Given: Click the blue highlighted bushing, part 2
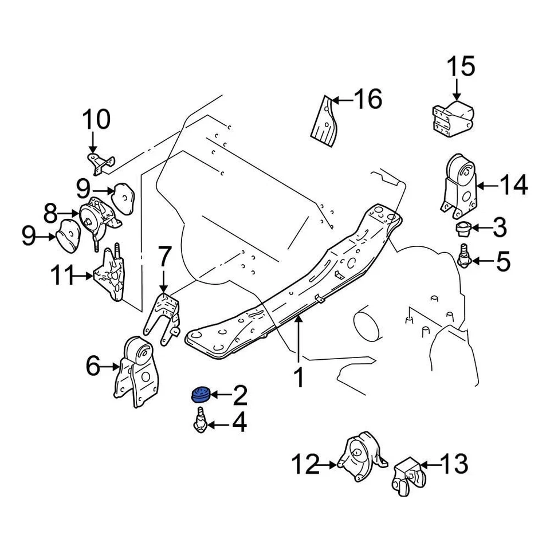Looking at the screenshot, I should click(200, 394).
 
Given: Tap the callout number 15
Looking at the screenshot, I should click(461, 66).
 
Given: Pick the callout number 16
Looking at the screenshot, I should click(367, 100).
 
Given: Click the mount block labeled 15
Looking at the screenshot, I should click(453, 118).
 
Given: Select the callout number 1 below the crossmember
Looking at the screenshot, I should click(298, 379).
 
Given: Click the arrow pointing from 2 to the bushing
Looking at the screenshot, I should click(221, 395).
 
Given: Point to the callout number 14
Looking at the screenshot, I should click(513, 184).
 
